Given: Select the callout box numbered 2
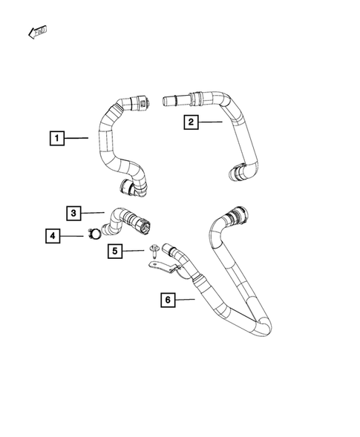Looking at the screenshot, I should click(192, 122).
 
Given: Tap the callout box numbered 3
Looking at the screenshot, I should click(73, 214).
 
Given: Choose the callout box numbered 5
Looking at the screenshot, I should click(116, 252).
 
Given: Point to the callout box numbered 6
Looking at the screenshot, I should click(168, 300).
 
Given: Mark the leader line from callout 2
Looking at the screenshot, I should click(211, 122).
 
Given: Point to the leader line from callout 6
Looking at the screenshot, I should click(186, 300).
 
